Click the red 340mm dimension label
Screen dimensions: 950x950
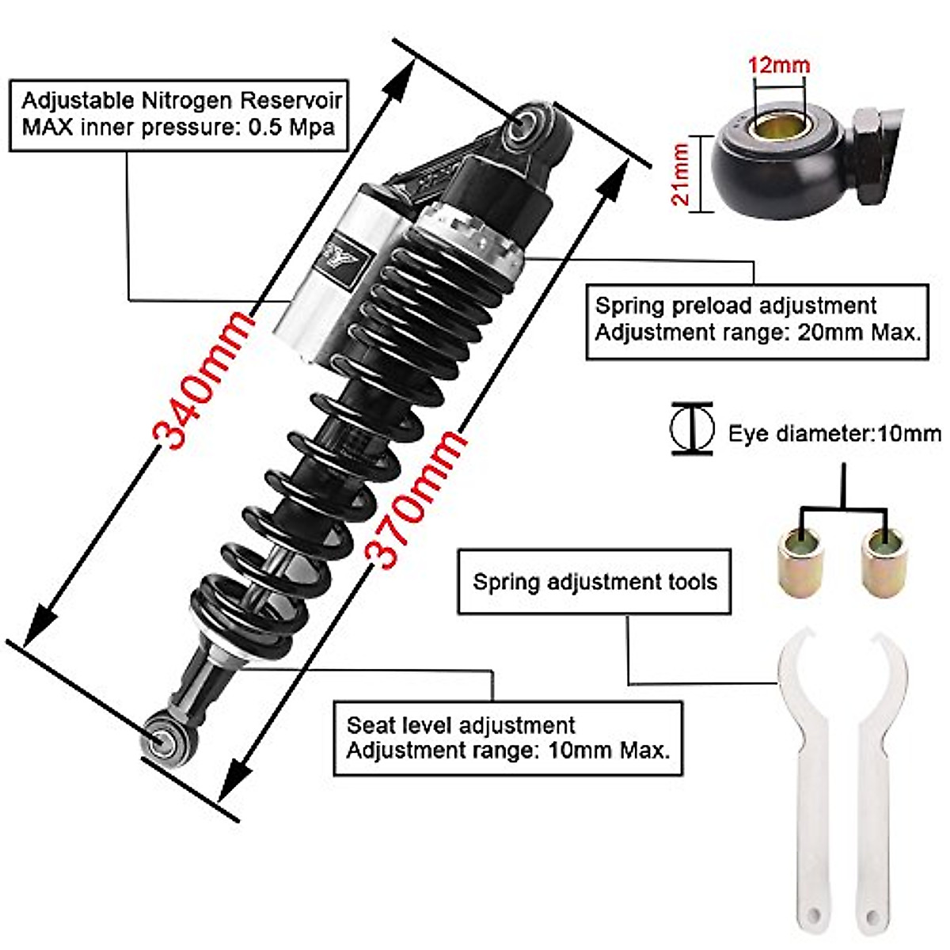(204, 380)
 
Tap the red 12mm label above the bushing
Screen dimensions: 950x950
(779, 65)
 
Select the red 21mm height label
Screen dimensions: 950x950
(681, 174)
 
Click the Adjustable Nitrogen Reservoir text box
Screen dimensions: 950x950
(180, 113)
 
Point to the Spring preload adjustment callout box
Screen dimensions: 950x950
(757, 321)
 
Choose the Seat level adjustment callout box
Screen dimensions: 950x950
(507, 737)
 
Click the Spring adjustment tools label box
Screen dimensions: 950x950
(594, 582)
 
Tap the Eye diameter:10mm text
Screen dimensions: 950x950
(834, 433)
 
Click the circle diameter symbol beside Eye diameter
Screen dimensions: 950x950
(692, 428)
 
